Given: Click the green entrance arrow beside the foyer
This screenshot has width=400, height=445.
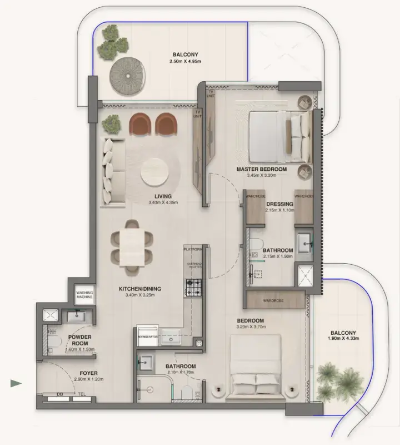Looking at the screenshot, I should click(x=16, y=383).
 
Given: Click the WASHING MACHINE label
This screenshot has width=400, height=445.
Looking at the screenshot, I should click(x=84, y=295).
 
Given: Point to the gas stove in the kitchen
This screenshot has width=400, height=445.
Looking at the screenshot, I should click(x=193, y=288).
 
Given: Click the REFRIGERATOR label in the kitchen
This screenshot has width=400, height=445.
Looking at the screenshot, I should click(x=148, y=337).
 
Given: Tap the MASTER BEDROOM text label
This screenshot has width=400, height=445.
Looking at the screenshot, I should click(x=261, y=169).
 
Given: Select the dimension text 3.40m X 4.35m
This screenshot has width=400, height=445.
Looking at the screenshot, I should click(x=163, y=203).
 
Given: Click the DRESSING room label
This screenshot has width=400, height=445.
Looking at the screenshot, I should click(x=279, y=204).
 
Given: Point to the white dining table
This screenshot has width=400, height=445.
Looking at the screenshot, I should click(x=132, y=247).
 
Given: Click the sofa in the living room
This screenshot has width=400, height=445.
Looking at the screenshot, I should click(x=113, y=172).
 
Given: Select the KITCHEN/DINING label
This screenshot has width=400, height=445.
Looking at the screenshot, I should click(x=139, y=289).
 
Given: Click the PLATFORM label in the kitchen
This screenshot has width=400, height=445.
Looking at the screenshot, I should click(x=193, y=250).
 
